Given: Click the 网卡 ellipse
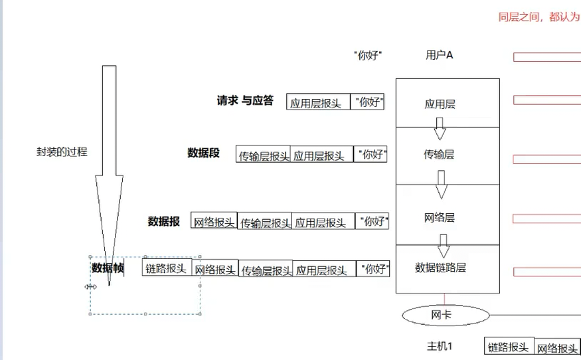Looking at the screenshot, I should click(x=441, y=315).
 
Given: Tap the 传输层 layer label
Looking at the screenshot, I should click(x=439, y=155).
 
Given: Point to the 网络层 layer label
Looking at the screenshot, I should click(x=439, y=217).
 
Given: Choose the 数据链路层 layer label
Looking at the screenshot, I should click(x=440, y=268).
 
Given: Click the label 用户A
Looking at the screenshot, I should click(x=439, y=55).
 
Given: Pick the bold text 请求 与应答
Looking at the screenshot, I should click(x=245, y=101).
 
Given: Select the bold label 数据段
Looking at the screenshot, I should click(x=203, y=153).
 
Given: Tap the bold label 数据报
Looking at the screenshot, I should click(x=164, y=221).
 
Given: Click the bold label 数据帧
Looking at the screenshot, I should click(x=108, y=268).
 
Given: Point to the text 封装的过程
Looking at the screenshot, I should click(x=62, y=151).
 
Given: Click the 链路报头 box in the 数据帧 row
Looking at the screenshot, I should click(x=167, y=268).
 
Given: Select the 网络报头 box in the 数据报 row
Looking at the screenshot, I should click(x=214, y=222).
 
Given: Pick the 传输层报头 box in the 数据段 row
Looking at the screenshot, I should click(x=264, y=156).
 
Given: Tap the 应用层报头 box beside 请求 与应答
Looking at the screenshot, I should click(x=317, y=103).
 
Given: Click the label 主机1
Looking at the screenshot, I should click(x=439, y=346).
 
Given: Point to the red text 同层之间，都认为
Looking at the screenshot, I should click(x=539, y=18).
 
